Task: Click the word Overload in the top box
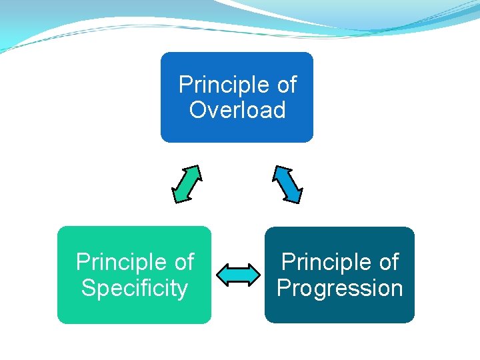click(x=237, y=110)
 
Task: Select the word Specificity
click(x=134, y=289)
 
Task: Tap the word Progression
click(x=339, y=289)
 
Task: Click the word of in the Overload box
click(x=286, y=85)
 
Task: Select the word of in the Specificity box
click(x=183, y=263)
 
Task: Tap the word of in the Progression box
click(x=388, y=263)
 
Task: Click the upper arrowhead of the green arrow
click(x=195, y=171)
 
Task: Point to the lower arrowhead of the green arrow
click(x=178, y=196)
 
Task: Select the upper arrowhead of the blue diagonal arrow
click(x=279, y=171)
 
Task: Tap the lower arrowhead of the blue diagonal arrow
click(x=295, y=196)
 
